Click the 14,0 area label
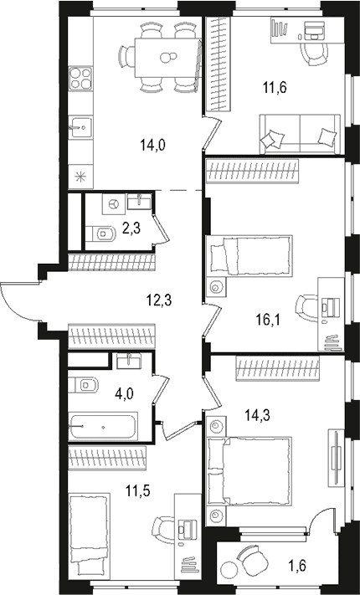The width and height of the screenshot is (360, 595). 152,145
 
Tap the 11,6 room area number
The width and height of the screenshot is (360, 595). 275,88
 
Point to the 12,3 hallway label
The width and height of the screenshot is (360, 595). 160,301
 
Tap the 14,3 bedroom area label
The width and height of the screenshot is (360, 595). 256,416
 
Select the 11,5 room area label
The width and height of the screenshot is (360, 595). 138,490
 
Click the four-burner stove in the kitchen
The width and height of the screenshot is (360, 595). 81,78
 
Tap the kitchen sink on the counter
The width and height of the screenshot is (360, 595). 81,127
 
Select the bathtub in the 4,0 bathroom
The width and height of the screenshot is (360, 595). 103,428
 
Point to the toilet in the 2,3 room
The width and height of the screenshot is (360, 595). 101,233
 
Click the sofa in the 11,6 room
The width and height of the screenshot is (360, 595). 300,135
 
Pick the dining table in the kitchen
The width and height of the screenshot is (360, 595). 167,58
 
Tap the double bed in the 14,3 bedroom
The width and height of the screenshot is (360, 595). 250,471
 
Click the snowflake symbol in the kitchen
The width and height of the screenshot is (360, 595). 80,177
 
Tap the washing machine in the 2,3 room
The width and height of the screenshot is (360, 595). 113,204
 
